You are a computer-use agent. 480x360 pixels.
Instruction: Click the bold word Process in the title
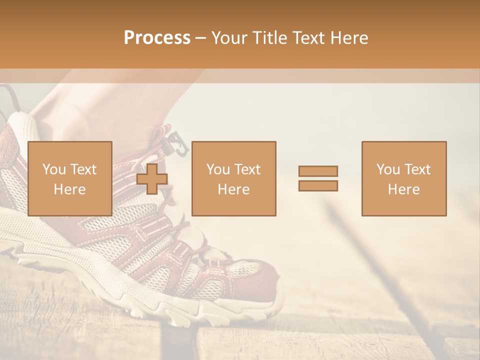pyautogui.click(x=157, y=38)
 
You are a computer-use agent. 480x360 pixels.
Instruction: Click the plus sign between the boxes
pyautogui.click(x=152, y=178)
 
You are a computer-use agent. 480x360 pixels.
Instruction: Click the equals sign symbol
pyautogui.click(x=318, y=178)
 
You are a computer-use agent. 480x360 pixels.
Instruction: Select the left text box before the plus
pyautogui.click(x=69, y=178)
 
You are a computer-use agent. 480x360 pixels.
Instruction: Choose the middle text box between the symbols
pyautogui.click(x=233, y=178)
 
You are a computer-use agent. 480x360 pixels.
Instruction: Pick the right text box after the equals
pyautogui.click(x=403, y=178)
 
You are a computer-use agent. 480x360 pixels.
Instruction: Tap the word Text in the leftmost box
pyautogui.click(x=83, y=169)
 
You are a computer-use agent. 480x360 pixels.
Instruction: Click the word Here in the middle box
pyautogui.click(x=233, y=189)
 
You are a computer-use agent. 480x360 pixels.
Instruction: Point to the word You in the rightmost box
pyautogui.click(x=388, y=169)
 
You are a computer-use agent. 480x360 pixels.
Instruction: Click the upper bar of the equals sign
pyautogui.click(x=318, y=171)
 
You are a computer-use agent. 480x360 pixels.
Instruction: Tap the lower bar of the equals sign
pyautogui.click(x=318, y=185)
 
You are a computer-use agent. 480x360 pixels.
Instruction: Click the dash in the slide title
pyautogui.click(x=200, y=38)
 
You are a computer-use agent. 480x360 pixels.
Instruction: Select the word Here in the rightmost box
pyautogui.click(x=403, y=189)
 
